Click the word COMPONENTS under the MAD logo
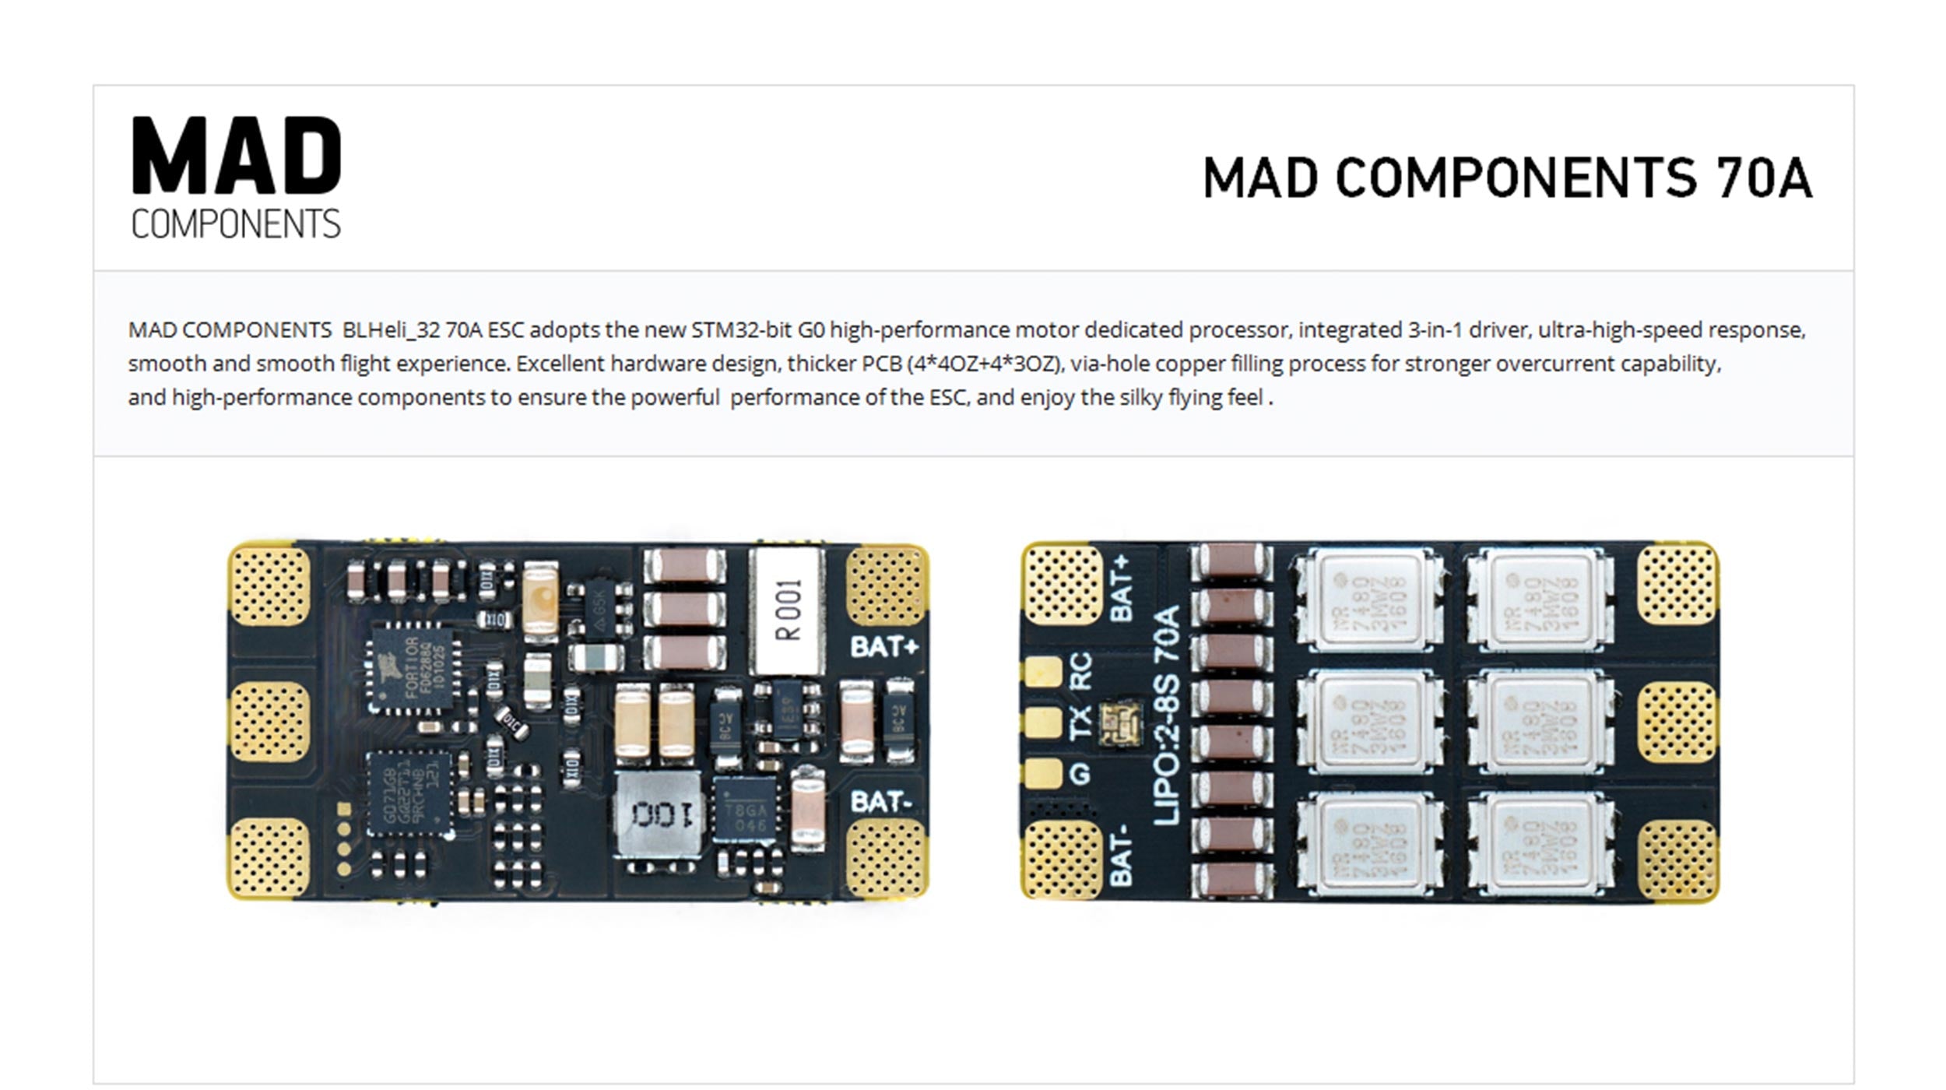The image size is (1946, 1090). pos(236,224)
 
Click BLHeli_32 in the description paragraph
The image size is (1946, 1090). pos(392,330)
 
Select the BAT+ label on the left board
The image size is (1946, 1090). pos(883,646)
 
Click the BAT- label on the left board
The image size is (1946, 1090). pos(880,801)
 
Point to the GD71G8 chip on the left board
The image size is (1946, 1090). pos(409,793)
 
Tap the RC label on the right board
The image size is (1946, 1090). pos(1082,671)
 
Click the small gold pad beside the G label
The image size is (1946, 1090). pos(1043,773)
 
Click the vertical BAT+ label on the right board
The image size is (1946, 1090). pos(1121,589)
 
